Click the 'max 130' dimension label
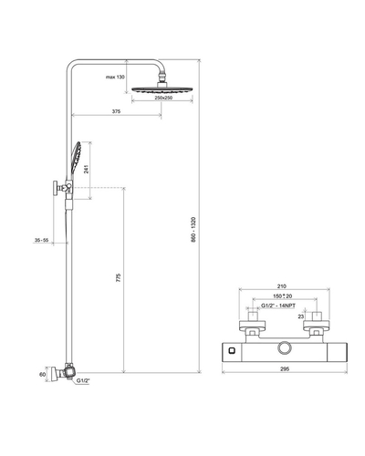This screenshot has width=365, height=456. click(x=115, y=78)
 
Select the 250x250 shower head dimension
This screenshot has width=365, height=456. click(x=163, y=98)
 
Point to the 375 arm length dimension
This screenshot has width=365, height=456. click(x=116, y=111)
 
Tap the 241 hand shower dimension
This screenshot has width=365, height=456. click(x=87, y=169)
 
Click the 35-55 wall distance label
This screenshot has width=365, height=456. click(x=41, y=240)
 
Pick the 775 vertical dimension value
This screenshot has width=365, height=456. click(x=119, y=277)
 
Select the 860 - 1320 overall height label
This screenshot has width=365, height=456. click(x=193, y=230)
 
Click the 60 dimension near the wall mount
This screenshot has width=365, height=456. click(x=43, y=375)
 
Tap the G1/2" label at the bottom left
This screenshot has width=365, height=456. click(x=83, y=380)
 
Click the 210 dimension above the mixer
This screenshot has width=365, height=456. click(x=282, y=286)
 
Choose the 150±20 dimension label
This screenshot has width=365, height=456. click(x=282, y=296)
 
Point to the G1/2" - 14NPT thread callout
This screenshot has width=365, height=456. click(x=278, y=306)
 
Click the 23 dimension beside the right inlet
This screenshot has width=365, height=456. click(x=300, y=316)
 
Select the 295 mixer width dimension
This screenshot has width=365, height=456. click(x=285, y=369)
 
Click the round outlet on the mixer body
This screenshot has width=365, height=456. click(x=285, y=348)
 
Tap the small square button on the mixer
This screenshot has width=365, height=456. click(x=232, y=351)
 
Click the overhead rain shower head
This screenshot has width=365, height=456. click(x=162, y=89)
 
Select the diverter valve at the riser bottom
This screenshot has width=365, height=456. click(x=69, y=371)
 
